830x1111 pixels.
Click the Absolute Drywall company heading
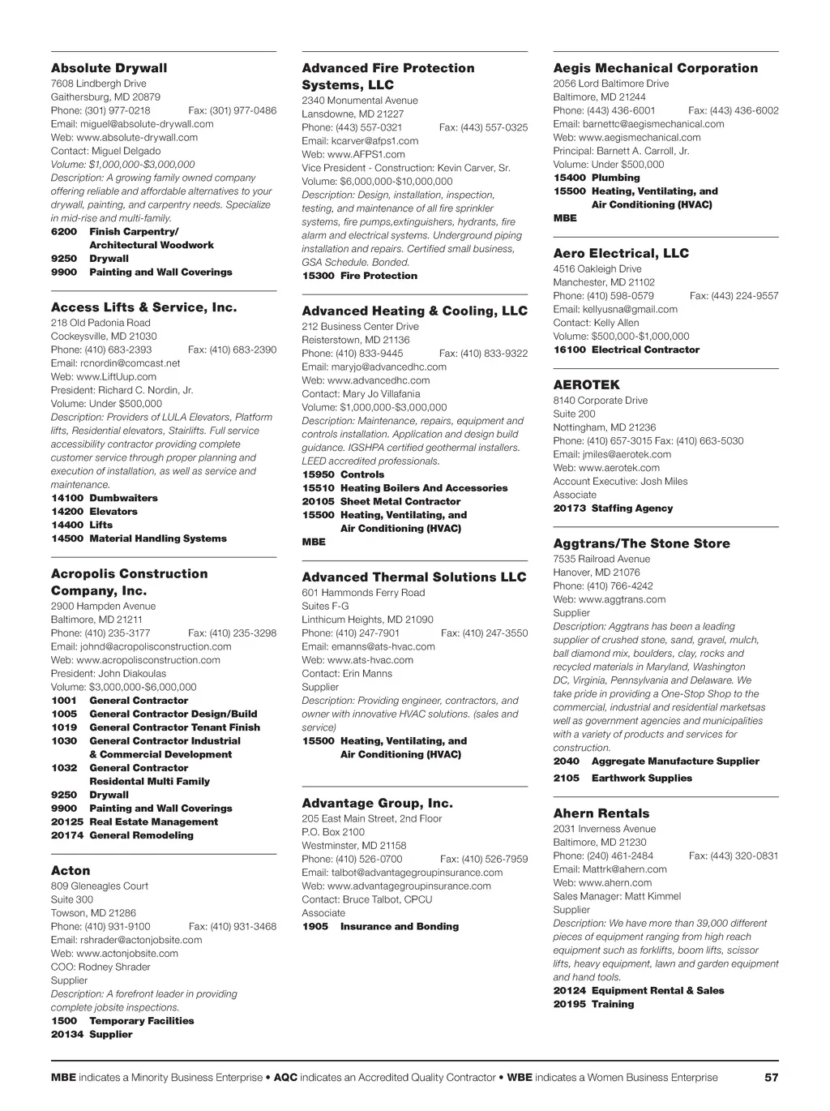(x=109, y=68)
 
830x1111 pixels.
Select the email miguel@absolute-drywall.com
(x=147, y=124)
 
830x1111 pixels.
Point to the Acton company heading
(x=71, y=871)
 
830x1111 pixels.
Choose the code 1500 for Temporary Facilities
(x=64, y=1021)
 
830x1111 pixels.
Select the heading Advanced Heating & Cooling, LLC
(x=414, y=311)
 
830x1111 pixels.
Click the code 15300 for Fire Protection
(x=318, y=276)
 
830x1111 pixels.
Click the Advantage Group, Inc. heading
(x=377, y=804)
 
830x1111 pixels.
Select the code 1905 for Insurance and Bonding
(x=315, y=927)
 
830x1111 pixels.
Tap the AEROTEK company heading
(x=586, y=385)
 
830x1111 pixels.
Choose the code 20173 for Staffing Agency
(x=569, y=508)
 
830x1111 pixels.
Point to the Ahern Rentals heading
(x=601, y=813)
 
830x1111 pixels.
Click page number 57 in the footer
(x=771, y=1078)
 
